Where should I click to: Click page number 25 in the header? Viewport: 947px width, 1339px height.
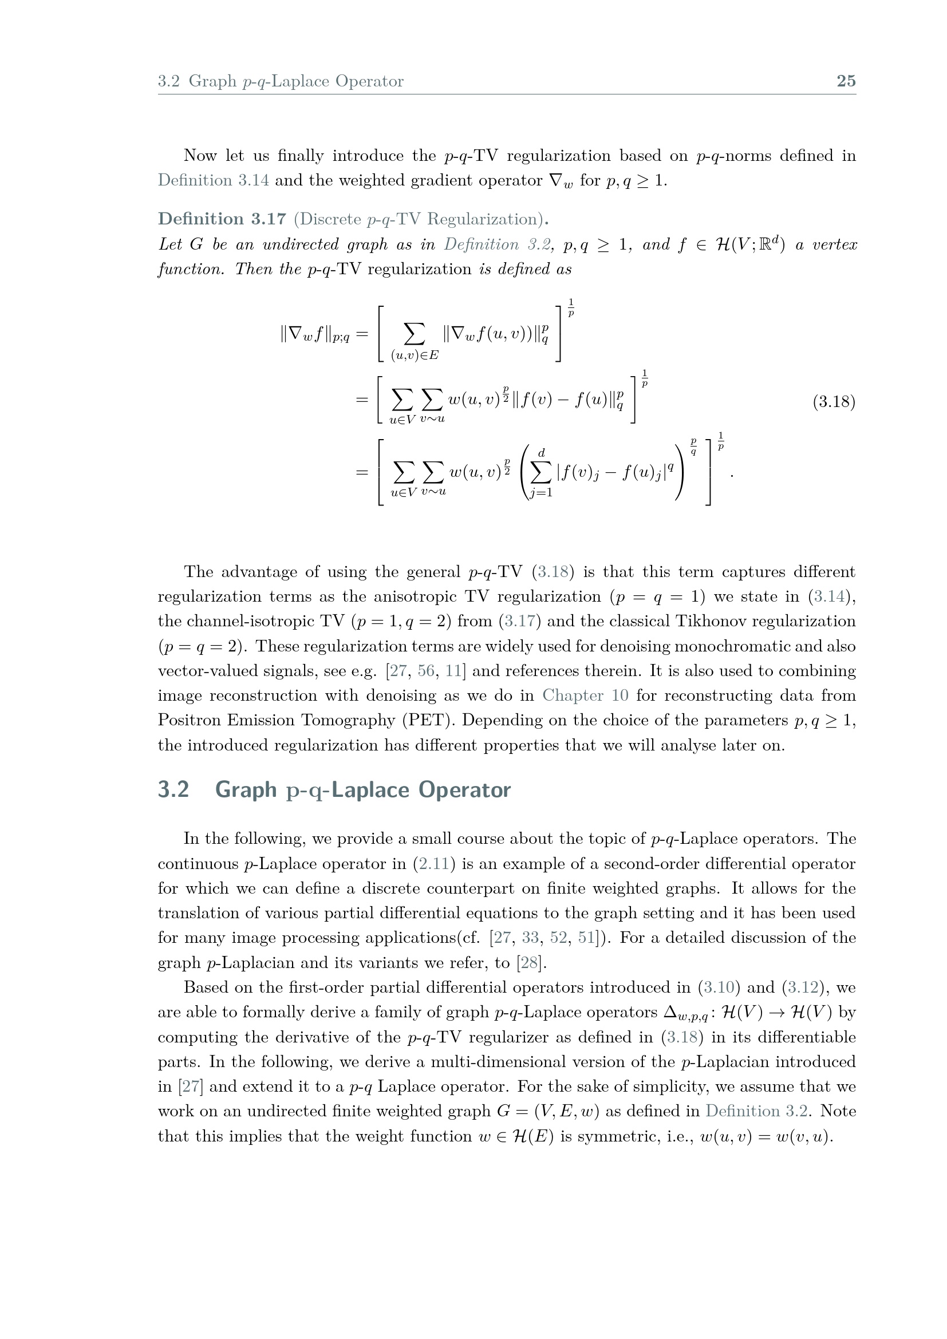click(846, 81)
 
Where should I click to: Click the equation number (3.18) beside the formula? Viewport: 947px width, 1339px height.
click(834, 402)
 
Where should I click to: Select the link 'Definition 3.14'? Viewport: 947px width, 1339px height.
click(214, 180)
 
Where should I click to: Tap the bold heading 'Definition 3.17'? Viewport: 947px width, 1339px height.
click(222, 219)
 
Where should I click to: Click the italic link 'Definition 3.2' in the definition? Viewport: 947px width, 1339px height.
click(497, 244)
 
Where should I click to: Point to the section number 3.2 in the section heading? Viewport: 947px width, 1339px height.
click(173, 789)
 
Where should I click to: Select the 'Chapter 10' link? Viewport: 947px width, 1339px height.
click(585, 696)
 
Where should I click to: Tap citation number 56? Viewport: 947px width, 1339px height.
click(425, 671)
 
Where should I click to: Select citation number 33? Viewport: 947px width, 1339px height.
click(530, 938)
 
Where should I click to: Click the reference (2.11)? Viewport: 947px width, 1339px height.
click(434, 864)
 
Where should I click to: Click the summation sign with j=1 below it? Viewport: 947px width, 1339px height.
click(540, 473)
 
